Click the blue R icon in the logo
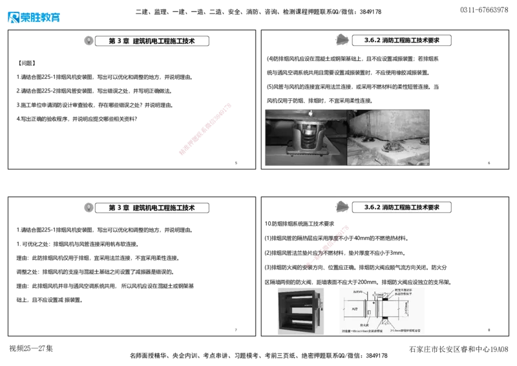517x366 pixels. tap(13, 17)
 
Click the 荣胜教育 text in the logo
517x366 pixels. tap(41, 17)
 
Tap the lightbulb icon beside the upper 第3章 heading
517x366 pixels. tap(89, 40)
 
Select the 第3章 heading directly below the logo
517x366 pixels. tap(153, 41)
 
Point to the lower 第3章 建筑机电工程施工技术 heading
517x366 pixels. tap(153, 208)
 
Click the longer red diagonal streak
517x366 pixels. tap(204, 129)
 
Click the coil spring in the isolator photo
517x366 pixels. tap(308, 138)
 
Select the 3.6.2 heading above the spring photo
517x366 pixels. tap(402, 40)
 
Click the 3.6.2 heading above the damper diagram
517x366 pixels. tap(402, 207)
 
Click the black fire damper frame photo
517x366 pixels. tap(300, 311)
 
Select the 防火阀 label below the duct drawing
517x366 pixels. tap(366, 326)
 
